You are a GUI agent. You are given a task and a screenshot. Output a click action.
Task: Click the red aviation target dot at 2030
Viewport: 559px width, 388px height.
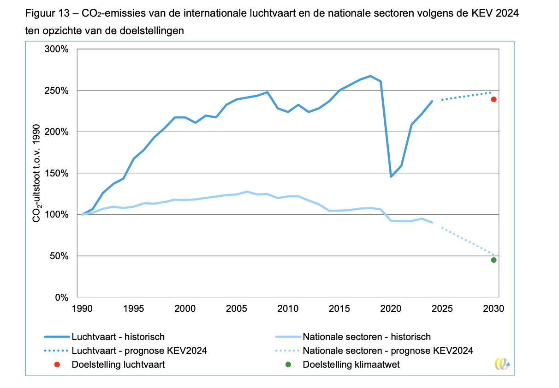click(x=494, y=99)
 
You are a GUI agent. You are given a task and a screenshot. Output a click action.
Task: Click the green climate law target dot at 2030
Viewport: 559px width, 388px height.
click(x=494, y=260)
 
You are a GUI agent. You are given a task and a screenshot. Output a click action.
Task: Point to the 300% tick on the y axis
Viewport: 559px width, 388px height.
click(x=57, y=49)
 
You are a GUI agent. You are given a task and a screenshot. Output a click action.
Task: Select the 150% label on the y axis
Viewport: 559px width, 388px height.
click(x=57, y=174)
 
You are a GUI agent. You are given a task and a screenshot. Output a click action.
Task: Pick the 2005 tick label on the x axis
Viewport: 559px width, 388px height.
click(x=237, y=308)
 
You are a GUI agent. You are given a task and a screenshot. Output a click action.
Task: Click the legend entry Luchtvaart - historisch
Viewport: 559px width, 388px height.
click(x=118, y=337)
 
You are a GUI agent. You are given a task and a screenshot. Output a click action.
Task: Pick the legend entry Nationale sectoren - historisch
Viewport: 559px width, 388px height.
click(x=367, y=337)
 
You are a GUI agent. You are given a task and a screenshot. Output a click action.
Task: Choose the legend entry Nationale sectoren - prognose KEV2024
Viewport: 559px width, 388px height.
click(x=388, y=351)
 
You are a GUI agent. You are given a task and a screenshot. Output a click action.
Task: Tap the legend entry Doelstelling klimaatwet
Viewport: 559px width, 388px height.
click(x=351, y=364)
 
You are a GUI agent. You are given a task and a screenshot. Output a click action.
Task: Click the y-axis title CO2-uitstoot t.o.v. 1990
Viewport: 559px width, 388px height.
click(x=36, y=173)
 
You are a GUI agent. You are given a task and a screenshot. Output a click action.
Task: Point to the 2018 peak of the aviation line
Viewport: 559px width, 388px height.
click(x=370, y=76)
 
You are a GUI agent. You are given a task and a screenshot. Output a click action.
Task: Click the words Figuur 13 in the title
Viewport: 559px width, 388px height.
click(x=46, y=13)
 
